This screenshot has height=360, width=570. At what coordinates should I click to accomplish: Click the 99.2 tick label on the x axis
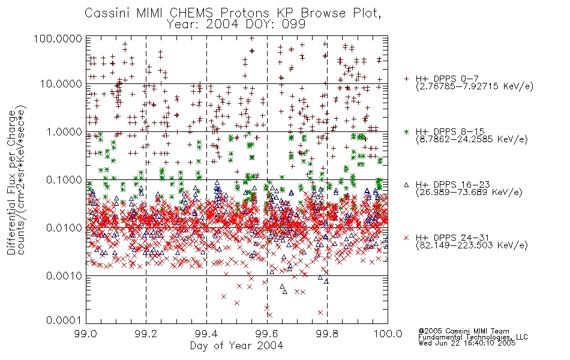point(146,334)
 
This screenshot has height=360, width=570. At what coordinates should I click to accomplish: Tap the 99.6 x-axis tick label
point(267,334)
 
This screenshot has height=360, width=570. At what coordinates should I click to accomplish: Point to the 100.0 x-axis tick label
point(388,334)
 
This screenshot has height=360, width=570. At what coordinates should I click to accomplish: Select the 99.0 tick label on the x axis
point(86,334)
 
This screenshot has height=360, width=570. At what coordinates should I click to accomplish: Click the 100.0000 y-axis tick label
point(58,39)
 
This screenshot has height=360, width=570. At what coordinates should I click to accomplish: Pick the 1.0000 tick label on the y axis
point(64,132)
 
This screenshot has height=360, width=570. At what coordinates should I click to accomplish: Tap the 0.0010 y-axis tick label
point(64,276)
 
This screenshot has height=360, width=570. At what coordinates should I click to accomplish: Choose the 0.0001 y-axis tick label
point(64,320)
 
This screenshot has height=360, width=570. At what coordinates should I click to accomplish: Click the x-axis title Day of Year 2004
point(236,346)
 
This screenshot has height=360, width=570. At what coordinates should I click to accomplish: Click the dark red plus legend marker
point(406,79)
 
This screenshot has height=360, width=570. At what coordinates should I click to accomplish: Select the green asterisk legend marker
point(406,131)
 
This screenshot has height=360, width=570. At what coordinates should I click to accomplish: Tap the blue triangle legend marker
point(406,185)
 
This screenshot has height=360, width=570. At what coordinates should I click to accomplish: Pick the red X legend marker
point(406,238)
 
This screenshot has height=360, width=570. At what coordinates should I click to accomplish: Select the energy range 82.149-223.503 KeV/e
point(472,245)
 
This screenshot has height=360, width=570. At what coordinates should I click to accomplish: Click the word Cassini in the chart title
point(107,13)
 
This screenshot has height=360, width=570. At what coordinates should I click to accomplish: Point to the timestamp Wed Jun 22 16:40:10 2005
point(467,343)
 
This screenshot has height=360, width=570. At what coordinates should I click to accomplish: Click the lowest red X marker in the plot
point(270,315)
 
